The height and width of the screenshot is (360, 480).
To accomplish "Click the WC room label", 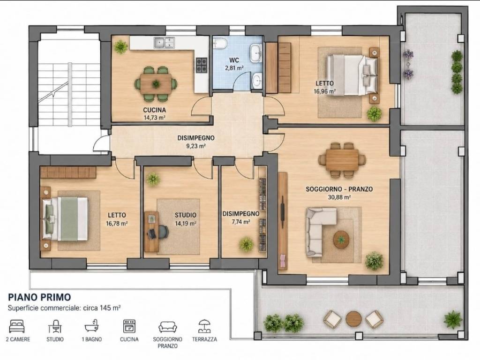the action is tap(234, 60).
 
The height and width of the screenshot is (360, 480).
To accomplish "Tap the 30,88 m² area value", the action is tap(339, 197).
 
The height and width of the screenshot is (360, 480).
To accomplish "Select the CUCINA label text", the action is tap(155, 110).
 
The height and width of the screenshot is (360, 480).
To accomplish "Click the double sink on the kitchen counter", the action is tap(164, 43).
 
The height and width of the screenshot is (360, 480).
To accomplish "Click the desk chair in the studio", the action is tap(163, 232).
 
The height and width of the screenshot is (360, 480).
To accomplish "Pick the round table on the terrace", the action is tap(354, 319).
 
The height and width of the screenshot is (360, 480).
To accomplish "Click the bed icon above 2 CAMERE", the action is tap(17, 326).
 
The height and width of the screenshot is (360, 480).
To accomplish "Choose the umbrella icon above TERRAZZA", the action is tap(204, 326).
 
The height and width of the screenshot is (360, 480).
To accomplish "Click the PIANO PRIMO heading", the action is tap(39, 297).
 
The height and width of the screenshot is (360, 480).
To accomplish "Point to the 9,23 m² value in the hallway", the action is tap(196, 146).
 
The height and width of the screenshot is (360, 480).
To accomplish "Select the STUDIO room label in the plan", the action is tap(186, 215).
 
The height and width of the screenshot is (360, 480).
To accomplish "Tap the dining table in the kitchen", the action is tap(156, 83).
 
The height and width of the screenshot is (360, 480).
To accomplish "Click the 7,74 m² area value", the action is tap(241, 222).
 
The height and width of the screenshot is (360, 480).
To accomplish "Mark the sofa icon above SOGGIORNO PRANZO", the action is tap(168, 327).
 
